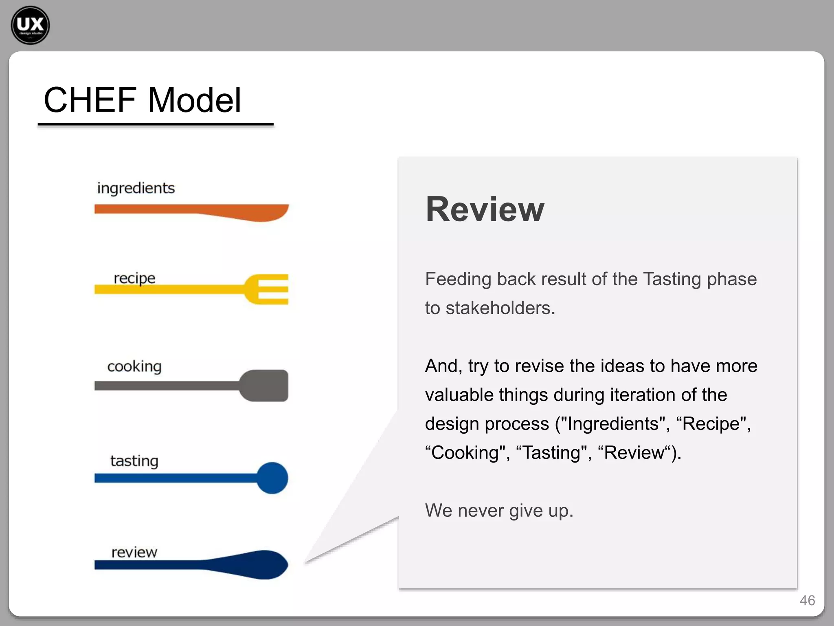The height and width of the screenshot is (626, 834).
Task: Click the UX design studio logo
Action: click(30, 25)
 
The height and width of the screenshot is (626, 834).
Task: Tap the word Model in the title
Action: click(195, 100)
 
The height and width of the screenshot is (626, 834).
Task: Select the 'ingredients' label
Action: click(136, 188)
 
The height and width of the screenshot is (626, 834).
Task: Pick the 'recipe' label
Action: click(134, 278)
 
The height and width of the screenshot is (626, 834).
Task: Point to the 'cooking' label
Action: click(134, 366)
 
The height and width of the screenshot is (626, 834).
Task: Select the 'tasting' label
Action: click(134, 461)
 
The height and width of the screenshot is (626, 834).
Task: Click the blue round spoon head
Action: click(272, 478)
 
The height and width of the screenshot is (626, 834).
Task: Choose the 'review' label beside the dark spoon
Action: click(134, 553)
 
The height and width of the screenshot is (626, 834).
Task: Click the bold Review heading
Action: click(485, 209)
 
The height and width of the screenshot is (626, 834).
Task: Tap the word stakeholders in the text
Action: click(500, 308)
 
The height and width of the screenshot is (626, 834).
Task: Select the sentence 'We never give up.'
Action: click(499, 511)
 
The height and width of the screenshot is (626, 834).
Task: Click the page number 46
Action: click(807, 600)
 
